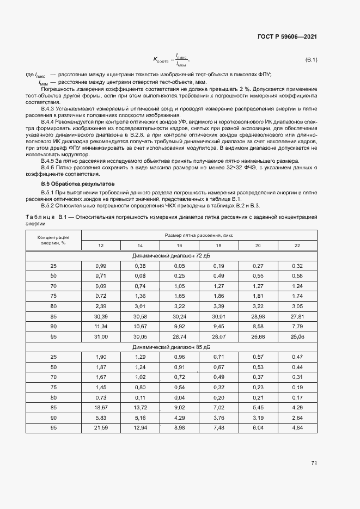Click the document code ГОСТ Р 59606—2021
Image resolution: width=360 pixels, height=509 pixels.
pyautogui.click(x=287, y=36)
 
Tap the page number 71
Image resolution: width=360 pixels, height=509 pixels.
pyautogui.click(x=314, y=463)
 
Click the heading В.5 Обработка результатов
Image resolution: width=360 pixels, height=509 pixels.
pyautogui.click(x=71, y=184)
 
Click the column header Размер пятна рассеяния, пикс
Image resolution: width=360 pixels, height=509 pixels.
pyautogui.click(x=199, y=235)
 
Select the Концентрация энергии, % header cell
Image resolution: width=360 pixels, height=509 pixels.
pyautogui.click(x=53, y=240)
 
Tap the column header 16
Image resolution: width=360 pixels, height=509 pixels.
pyautogui.click(x=179, y=246)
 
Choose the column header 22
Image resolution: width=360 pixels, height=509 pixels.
pyautogui.click(x=297, y=246)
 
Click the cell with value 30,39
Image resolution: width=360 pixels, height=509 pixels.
pyautogui.click(x=101, y=316)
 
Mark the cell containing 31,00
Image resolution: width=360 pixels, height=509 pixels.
pyautogui.click(x=101, y=336)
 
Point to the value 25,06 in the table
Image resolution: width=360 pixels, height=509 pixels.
pyautogui.click(x=297, y=336)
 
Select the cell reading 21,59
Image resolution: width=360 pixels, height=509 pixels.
pyautogui.click(x=101, y=428)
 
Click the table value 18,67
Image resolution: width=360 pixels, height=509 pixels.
pyautogui.click(x=101, y=407)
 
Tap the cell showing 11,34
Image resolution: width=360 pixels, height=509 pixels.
pyautogui.click(x=101, y=326)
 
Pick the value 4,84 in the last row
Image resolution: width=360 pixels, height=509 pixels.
pyautogui.click(x=297, y=428)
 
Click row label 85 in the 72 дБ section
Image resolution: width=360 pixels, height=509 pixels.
pyautogui.click(x=53, y=316)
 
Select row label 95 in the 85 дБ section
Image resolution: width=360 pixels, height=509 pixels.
pyautogui.click(x=53, y=428)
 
